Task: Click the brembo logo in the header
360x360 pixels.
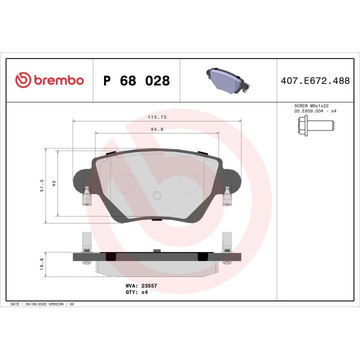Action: click(x=49, y=80)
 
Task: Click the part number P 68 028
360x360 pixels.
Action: click(x=136, y=81)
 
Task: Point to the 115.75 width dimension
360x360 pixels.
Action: click(x=156, y=117)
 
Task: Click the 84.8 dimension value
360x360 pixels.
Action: click(x=156, y=129)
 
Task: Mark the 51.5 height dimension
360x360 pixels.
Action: click(x=42, y=186)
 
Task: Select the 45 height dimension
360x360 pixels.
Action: click(x=54, y=183)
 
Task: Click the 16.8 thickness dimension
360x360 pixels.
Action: click(x=42, y=263)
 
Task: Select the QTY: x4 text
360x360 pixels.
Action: click(x=136, y=292)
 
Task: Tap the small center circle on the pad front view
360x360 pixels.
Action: click(x=156, y=195)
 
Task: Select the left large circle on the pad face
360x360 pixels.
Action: click(x=123, y=182)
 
